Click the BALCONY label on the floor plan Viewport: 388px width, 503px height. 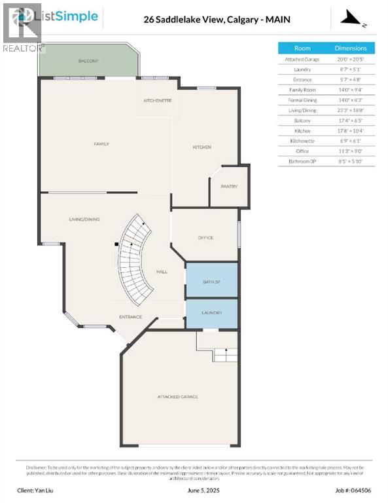pos(88,61)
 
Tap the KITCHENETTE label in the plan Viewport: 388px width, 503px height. pos(158,101)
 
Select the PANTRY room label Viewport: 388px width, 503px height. pos(228,187)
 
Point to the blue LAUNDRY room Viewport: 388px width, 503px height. pos(211,313)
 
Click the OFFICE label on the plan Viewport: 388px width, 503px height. pos(205,238)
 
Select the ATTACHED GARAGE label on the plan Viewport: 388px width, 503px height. pos(177,397)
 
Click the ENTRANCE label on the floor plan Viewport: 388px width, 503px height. pos(130,317)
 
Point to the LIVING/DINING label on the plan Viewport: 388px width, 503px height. pos(84,219)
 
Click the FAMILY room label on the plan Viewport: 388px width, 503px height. pos(101,144)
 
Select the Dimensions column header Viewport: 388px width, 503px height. pos(351,48)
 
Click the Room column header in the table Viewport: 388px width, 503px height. pos(302,48)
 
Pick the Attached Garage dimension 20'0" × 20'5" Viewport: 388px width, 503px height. pos(351,60)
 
